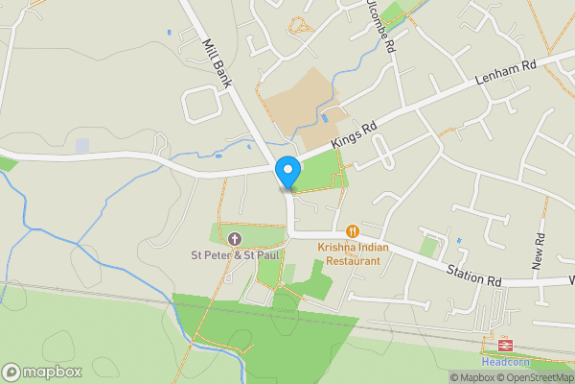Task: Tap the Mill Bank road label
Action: [x=218, y=63]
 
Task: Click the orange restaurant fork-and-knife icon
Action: [x=354, y=230]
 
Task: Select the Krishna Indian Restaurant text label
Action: [x=354, y=253]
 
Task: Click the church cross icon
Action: [x=235, y=238]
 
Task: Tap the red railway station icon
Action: [x=502, y=344]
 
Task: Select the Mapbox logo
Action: [x=42, y=372]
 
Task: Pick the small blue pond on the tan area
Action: [x=326, y=118]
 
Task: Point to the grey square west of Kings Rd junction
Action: [x=82, y=145]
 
